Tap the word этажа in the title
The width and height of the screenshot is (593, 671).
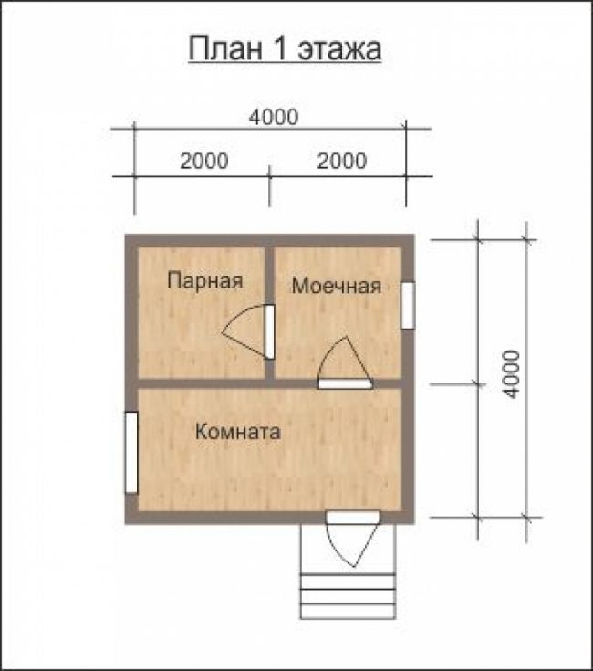[339, 48]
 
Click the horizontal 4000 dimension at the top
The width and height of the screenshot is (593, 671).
[274, 117]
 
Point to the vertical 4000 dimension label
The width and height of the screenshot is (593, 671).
[511, 374]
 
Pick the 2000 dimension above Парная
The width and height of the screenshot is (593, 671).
[204, 161]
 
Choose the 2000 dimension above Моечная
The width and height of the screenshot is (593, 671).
[341, 161]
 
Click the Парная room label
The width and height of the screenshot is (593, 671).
[205, 281]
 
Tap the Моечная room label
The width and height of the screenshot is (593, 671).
[337, 286]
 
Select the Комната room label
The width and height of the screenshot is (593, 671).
[238, 431]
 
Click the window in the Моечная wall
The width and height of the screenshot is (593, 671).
[408, 305]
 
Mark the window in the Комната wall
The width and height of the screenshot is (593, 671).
[131, 452]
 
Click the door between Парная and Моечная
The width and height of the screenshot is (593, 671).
[269, 331]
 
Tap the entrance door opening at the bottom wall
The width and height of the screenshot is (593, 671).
[353, 518]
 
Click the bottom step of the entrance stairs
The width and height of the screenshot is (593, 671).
[348, 611]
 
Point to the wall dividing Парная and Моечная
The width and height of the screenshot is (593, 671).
[269, 312]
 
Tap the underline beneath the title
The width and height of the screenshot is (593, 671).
[285, 63]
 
